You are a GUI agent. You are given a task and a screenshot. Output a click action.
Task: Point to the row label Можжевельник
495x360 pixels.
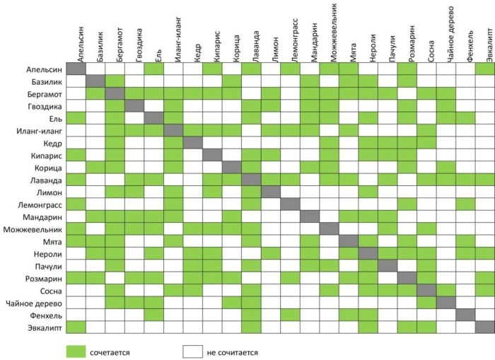point(33,228)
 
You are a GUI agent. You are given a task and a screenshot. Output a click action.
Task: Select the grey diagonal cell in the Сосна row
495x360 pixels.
point(426,290)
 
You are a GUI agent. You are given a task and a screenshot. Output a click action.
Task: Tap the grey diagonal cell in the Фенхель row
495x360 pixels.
point(465,314)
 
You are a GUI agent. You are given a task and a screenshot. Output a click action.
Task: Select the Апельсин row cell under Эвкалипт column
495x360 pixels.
point(484,69)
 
